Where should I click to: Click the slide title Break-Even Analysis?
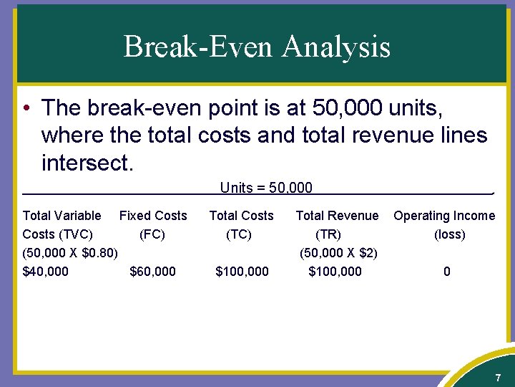point(257,47)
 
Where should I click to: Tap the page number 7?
point(498,378)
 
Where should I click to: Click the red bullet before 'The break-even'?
point(26,109)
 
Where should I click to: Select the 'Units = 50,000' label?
point(266,188)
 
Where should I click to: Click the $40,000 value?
point(46,271)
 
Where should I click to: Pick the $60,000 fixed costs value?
point(152,271)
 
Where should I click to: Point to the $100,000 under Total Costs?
point(242,271)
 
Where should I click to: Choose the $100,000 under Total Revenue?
point(335,271)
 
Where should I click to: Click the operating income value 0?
point(447,271)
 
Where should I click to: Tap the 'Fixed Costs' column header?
point(153,216)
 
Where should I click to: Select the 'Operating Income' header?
point(444,216)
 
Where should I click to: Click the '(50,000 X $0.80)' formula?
point(70,252)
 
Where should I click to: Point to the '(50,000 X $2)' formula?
point(339,252)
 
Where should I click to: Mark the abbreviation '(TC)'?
point(239,234)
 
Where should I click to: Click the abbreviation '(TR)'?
point(328,234)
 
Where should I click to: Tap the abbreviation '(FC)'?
point(152,234)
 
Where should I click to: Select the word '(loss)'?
point(449,234)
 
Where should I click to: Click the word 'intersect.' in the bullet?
point(87,163)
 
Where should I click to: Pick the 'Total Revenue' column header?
point(337,216)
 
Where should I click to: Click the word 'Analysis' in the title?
point(335,47)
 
